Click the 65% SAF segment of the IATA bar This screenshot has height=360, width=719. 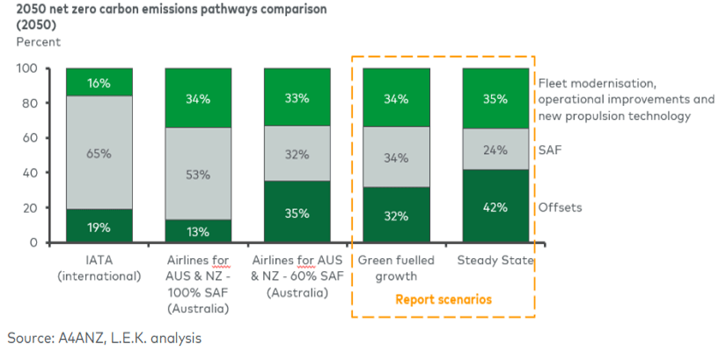pos(99,153)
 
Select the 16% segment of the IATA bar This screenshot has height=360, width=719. pos(99,82)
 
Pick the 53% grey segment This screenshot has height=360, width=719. pos(198,174)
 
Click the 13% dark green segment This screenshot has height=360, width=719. pos(198,231)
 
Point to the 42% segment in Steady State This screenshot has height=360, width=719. pos(495,206)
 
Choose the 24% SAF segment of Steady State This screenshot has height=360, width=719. pos(495,149)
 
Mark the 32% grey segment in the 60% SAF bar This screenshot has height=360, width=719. pos(297,154)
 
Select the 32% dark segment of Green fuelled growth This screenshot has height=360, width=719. pos(396,215)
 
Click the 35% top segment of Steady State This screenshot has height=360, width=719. pos(495,98)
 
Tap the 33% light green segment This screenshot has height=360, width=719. pos(297,97)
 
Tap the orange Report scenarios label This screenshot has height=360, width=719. pos(443,299)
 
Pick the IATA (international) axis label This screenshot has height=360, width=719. pos(100,268)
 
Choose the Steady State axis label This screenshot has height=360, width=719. pos(495,261)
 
